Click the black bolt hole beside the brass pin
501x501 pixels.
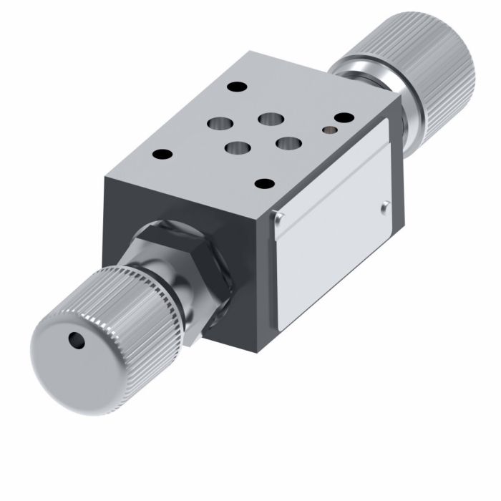click(344, 117)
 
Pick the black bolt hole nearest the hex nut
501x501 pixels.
click(163, 153)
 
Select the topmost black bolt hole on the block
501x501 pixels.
click(233, 88)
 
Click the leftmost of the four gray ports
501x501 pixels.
click(215, 124)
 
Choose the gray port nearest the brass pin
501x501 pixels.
click(286, 144)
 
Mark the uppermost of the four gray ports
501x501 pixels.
click(268, 118)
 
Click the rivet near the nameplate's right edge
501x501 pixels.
click(384, 207)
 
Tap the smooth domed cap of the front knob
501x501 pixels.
click(64, 358)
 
